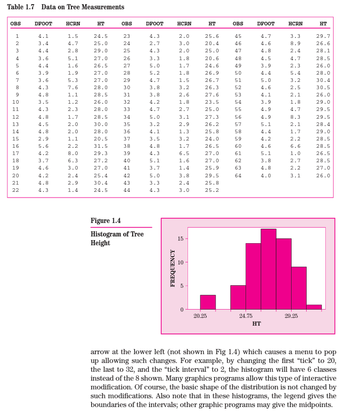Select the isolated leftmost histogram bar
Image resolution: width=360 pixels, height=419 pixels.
(x=208, y=302)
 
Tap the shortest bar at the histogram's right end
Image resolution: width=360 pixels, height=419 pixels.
(x=314, y=306)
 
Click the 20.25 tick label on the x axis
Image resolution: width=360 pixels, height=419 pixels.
(x=200, y=316)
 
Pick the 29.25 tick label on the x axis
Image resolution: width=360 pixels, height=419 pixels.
(x=291, y=316)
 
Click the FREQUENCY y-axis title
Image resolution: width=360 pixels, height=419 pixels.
(x=172, y=268)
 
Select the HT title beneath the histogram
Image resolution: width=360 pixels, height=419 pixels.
(x=256, y=324)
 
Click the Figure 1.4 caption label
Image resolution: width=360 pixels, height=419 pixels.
(x=106, y=221)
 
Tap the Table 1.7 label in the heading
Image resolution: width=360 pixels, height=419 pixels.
(x=21, y=7)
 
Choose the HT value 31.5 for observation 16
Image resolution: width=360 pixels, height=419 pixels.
(x=100, y=146)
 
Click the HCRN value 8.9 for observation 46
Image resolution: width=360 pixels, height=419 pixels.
(x=295, y=44)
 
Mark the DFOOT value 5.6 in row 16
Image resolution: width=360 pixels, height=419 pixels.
(x=44, y=146)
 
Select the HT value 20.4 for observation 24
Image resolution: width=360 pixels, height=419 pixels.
(x=212, y=44)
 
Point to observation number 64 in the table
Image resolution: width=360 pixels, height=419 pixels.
(x=238, y=175)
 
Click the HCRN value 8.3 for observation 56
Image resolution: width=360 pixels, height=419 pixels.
(x=295, y=117)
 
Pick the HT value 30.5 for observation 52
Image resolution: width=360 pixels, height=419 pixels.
(x=323, y=88)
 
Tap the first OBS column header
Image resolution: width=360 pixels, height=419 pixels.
(x=16, y=24)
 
